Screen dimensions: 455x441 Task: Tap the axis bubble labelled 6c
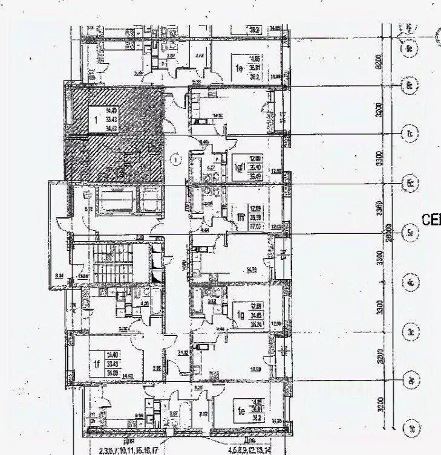point(410,183)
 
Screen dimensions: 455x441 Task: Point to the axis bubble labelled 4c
point(410,283)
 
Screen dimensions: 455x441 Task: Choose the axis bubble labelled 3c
point(410,332)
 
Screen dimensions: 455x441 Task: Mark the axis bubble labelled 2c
point(410,381)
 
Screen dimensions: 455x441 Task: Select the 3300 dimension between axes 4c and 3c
point(377,308)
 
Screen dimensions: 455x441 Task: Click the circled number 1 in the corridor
point(175,160)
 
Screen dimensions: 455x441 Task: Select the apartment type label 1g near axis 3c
point(240,314)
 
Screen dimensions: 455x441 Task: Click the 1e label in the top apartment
point(239,69)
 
